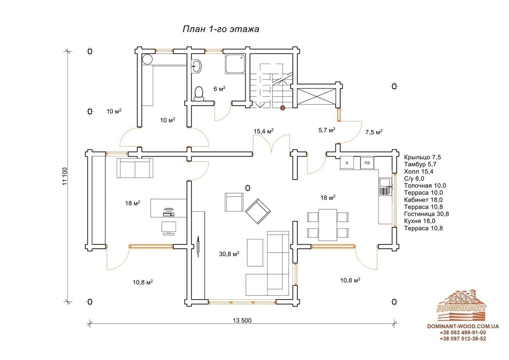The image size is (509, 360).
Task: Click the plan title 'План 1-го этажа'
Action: tap(221, 29)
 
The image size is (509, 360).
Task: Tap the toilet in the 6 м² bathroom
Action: tap(199, 94)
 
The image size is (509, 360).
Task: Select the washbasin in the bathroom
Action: tap(196, 66)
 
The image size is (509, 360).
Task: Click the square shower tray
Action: tap(235, 64)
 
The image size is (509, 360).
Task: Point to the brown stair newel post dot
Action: tap(282, 108)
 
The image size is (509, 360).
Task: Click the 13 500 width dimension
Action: tap(242, 321)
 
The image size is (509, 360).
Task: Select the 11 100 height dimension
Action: tap(65, 176)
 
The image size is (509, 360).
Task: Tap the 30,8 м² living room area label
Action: tap(229, 254)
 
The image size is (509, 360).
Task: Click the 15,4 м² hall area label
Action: tap(263, 131)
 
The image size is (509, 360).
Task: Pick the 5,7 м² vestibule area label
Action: tap(327, 130)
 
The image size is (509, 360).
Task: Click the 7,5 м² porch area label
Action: tap(374, 132)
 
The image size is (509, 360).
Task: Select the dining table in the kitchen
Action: tap(327, 225)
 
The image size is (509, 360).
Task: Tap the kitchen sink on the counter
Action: tap(385, 187)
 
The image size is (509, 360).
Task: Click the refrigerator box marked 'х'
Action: tap(347, 163)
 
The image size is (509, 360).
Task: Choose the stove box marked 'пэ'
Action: tap(367, 163)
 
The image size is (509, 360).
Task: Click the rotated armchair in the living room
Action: tap(258, 211)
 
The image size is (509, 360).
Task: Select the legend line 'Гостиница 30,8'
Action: tap(426, 214)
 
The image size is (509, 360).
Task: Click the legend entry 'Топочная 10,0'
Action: tap(425, 186)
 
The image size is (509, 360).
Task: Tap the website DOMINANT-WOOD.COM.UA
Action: tap(463, 326)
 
